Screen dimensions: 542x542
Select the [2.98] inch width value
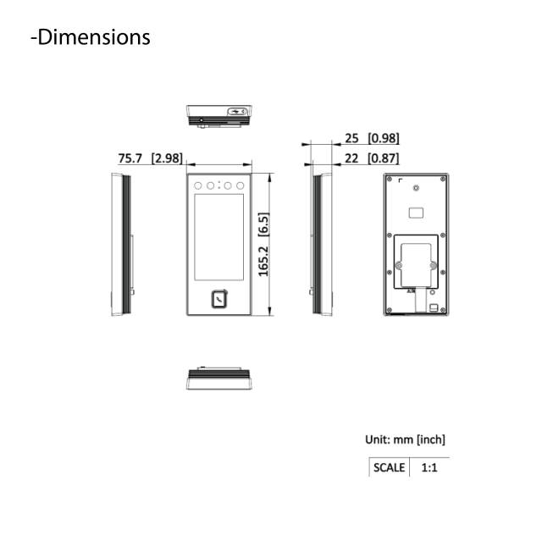[x=166, y=158]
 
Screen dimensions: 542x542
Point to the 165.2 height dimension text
[x=263, y=245]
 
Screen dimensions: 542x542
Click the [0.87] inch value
[x=383, y=158]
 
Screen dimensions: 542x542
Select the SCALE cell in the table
[x=389, y=467]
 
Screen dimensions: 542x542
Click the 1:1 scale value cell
[x=429, y=467]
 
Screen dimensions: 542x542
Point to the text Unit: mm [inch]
[x=405, y=440]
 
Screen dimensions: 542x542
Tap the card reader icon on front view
[x=219, y=297]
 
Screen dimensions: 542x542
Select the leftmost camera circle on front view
[x=197, y=185]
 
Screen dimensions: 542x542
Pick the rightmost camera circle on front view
[x=241, y=185]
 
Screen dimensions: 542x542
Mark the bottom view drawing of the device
[x=218, y=379]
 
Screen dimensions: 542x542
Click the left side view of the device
[x=122, y=245]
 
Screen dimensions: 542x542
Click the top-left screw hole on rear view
[x=387, y=180]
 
